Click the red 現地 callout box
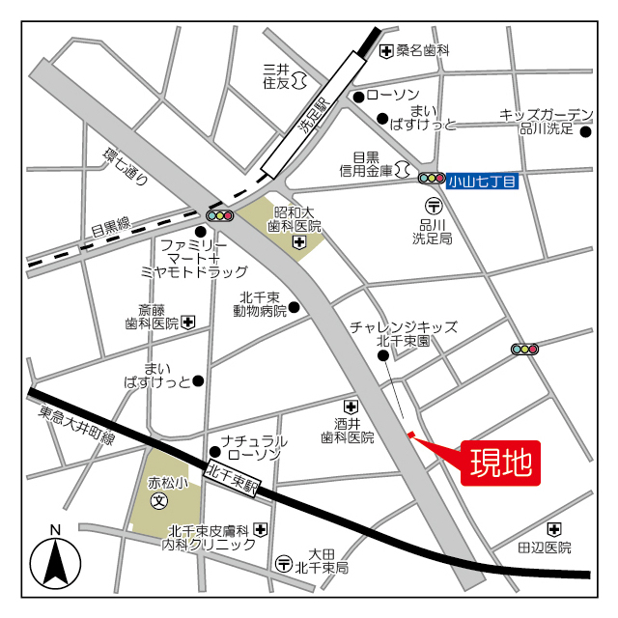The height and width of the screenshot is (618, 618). (500, 463)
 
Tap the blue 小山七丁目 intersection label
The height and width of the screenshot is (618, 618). (483, 179)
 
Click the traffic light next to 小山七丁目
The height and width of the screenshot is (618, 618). (431, 178)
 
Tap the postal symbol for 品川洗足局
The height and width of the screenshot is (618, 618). (434, 205)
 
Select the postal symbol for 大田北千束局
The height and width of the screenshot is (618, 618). (284, 563)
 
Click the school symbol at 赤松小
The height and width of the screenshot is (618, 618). (159, 501)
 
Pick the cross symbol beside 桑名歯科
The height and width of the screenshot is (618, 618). (386, 50)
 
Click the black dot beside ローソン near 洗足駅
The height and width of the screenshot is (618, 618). (357, 96)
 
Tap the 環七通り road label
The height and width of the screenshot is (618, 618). (126, 165)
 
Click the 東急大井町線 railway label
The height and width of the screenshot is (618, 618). (76, 425)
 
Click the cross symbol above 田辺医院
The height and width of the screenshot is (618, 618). (553, 529)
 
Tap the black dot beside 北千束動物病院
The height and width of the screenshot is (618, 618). (295, 308)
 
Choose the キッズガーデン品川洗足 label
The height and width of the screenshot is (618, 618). (546, 121)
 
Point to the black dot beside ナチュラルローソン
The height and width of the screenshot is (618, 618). (215, 451)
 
